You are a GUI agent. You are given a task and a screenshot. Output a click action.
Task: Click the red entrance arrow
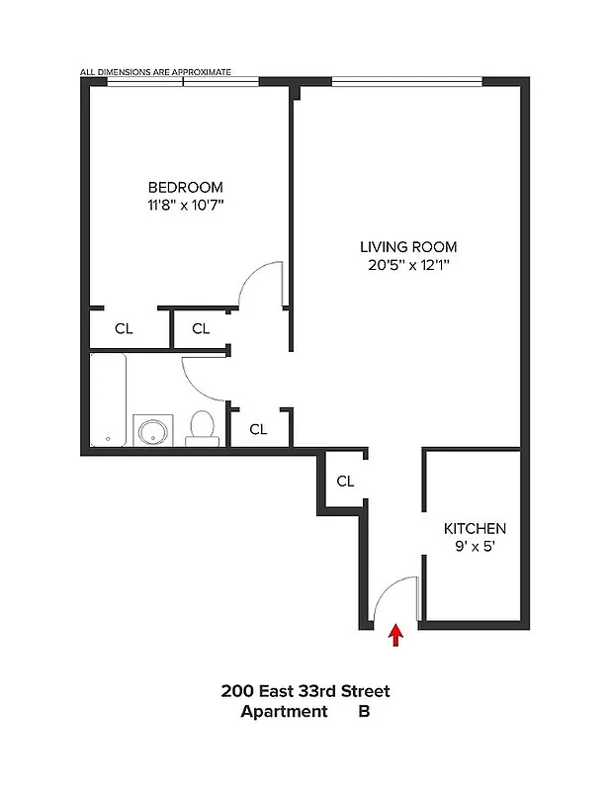coord(396,634)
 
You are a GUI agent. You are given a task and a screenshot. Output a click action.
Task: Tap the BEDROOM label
coord(186,187)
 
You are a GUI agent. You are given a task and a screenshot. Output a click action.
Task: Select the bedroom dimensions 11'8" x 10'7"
coord(186,206)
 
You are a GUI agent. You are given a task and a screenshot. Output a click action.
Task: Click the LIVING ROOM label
coord(408,246)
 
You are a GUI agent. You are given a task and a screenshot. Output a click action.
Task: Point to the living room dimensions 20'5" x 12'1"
coord(408,265)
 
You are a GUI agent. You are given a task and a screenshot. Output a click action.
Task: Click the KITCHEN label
coord(474,529)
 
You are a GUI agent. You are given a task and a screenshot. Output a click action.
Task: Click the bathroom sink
coord(152,431)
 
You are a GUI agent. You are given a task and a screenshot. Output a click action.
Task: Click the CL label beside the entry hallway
coord(345,482)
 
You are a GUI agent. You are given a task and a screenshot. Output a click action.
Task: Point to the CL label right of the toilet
coord(258,429)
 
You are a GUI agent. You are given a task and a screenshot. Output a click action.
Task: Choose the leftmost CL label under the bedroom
coord(124,328)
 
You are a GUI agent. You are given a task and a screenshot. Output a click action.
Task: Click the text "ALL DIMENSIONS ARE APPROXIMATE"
coord(156,72)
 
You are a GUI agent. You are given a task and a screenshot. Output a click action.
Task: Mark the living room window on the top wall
coord(406,81)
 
